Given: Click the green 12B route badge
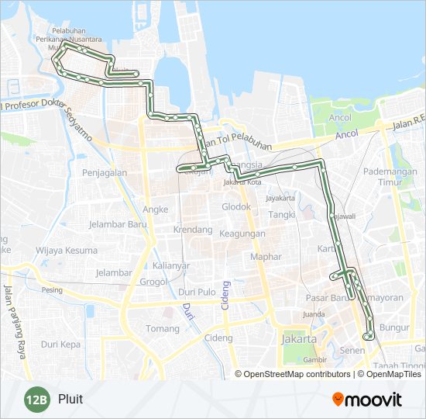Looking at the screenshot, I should pyautogui.click(x=36, y=400).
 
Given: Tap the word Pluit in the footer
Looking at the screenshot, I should pyautogui.click(x=70, y=400).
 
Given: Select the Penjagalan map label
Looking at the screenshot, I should pyautogui.click(x=104, y=173).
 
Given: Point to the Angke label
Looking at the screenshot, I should pyautogui.click(x=156, y=209).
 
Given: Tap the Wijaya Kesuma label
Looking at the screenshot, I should pyautogui.click(x=67, y=251).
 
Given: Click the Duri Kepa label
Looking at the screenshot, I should pyautogui.click(x=60, y=344).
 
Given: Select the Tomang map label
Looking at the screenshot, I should pyautogui.click(x=162, y=328).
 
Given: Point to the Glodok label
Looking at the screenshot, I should pyautogui.click(x=236, y=207).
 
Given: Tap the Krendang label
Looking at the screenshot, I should pyautogui.click(x=193, y=230).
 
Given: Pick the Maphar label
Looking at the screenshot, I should pyautogui.click(x=265, y=256).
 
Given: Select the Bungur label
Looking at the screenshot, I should pyautogui.click(x=395, y=327).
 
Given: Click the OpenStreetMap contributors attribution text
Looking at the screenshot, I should pyautogui.click(x=297, y=374).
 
